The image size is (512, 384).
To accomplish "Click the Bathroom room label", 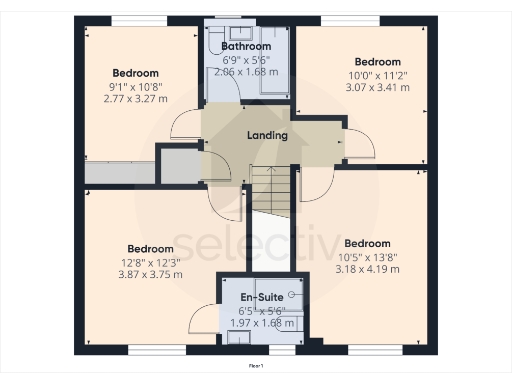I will tap(246, 46).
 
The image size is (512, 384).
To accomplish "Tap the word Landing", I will tap(267, 136).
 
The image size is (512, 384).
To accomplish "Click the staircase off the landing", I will tap(269, 190).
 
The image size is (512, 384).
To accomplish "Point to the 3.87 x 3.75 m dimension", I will tap(151, 274).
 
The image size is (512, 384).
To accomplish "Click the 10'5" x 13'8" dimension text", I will tap(367, 256).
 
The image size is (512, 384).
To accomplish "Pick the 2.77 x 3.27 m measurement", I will tap(135, 100).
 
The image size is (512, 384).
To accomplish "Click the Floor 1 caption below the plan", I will tap(255, 368).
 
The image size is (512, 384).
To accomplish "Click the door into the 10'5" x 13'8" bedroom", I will tap(318, 183).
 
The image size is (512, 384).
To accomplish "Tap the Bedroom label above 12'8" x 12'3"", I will tap(151, 248).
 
